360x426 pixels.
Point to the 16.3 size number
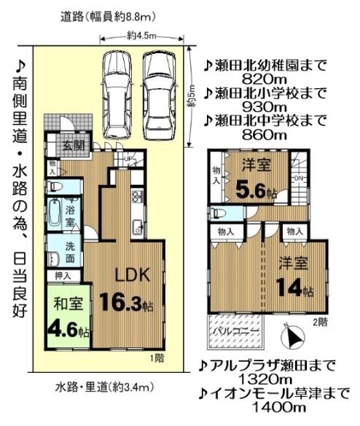click(125, 301)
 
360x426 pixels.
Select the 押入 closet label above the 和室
click(64, 276)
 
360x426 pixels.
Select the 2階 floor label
click(320, 321)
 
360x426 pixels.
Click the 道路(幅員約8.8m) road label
click(109, 16)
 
